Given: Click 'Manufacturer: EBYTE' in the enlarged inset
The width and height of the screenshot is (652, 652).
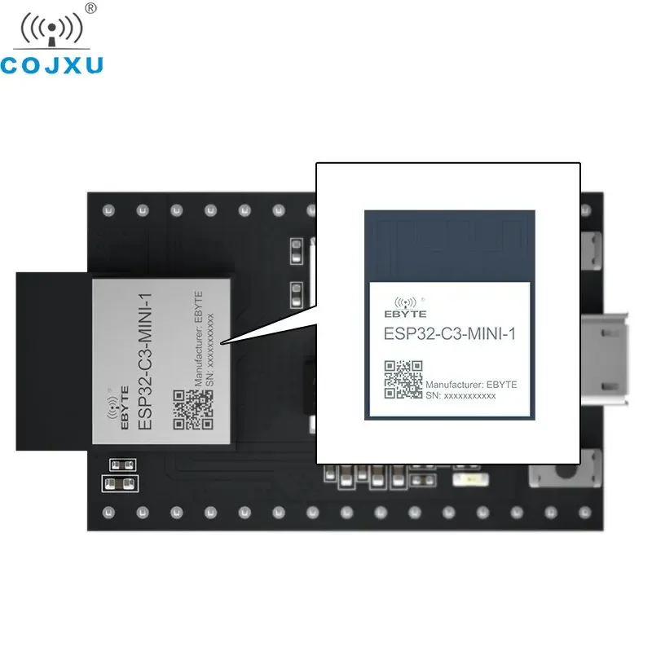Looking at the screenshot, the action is [x=471, y=384].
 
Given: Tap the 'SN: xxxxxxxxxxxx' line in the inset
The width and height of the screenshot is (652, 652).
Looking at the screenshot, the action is [x=460, y=395].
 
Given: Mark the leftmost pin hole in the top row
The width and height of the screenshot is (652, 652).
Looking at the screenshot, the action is [x=107, y=209].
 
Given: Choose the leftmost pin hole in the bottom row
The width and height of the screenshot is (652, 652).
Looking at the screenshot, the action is [x=107, y=512].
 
